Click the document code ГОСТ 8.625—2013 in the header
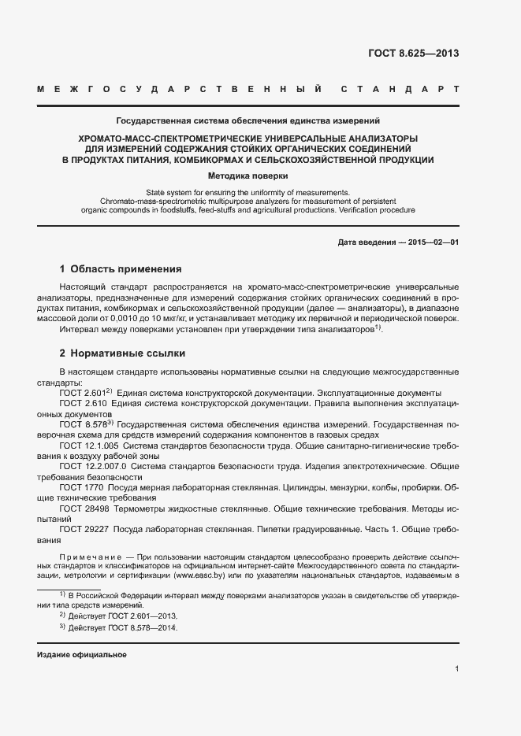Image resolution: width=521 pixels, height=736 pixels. [414, 54]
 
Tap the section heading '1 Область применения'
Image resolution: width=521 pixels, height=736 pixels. [121, 268]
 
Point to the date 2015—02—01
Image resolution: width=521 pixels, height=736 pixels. [433, 242]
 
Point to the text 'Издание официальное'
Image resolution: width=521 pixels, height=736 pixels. [82, 655]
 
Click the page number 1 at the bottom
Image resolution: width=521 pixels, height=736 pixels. [456, 669]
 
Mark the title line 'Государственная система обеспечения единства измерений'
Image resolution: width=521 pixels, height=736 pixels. [248, 121]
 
